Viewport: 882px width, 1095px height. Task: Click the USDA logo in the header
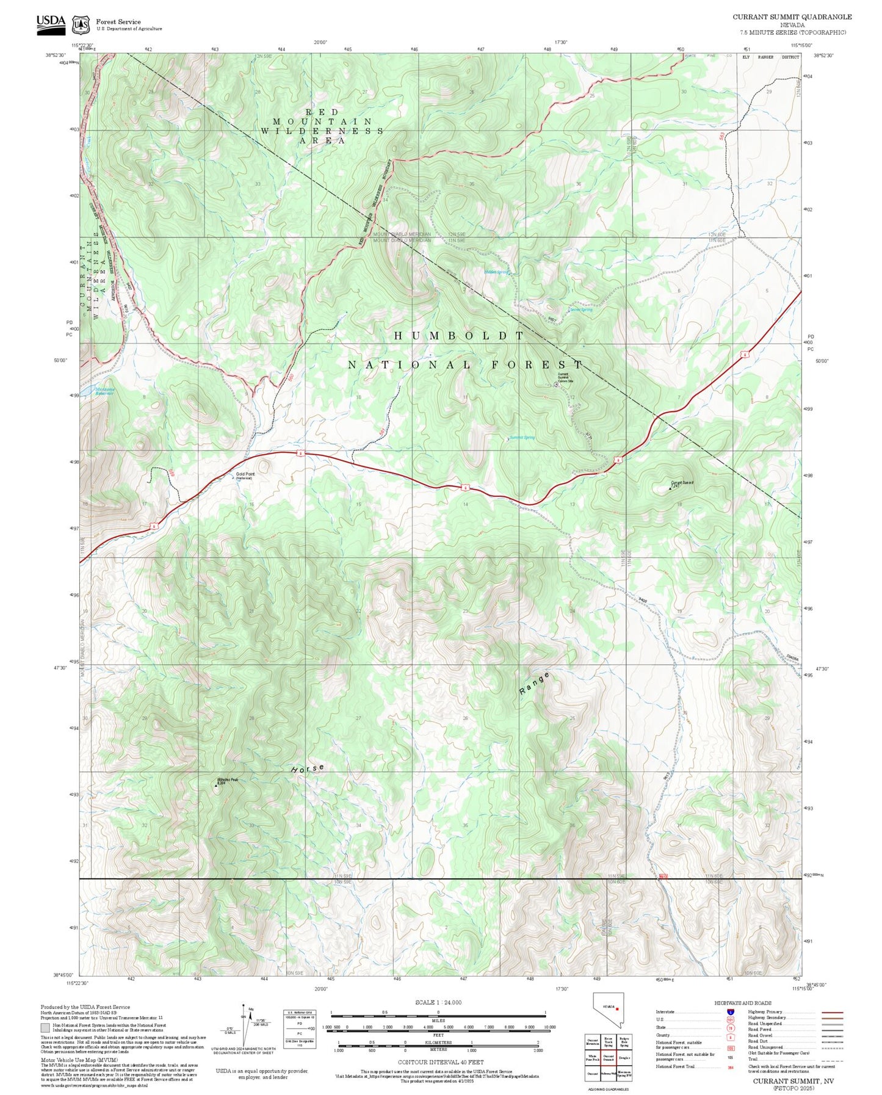click(x=51, y=22)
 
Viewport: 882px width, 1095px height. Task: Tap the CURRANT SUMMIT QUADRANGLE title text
click(x=792, y=16)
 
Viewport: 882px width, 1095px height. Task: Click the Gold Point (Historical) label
click(x=245, y=475)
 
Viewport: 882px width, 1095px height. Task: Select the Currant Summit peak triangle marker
click(x=670, y=488)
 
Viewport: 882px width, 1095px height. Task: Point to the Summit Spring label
click(x=522, y=438)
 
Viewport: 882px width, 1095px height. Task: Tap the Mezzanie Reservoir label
click(x=104, y=391)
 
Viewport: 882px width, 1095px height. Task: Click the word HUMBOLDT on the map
click(x=459, y=336)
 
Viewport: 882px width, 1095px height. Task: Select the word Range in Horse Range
click(x=535, y=684)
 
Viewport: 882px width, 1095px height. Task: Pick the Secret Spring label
click(x=580, y=309)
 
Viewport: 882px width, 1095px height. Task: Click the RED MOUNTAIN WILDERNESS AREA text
click(x=322, y=126)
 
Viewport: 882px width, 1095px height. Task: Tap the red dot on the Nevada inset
click(x=618, y=1009)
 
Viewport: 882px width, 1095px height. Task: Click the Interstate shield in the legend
click(x=730, y=1012)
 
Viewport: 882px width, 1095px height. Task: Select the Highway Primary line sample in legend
click(x=832, y=1012)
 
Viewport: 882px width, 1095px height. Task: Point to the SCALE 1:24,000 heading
click(x=438, y=1002)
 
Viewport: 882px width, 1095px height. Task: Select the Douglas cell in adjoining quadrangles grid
click(x=624, y=1058)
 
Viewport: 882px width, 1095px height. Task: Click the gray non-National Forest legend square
click(x=45, y=1028)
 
